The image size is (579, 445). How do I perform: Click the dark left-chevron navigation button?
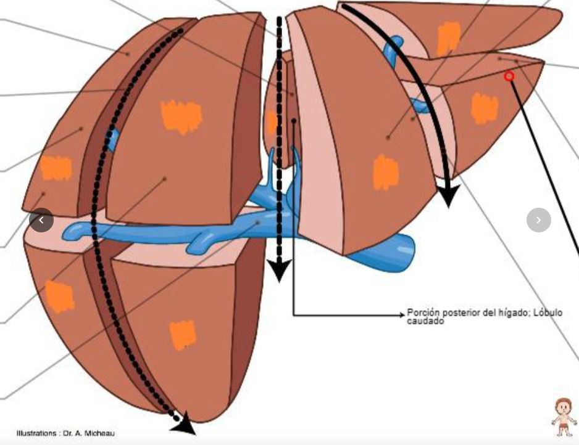[41, 220]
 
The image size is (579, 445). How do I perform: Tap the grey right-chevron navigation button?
[539, 220]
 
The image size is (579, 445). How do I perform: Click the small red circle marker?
[509, 76]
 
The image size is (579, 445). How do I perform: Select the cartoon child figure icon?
[564, 417]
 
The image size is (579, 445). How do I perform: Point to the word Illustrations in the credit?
[36, 433]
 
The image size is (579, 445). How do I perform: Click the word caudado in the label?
[425, 321]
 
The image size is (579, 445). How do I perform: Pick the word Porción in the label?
[423, 312]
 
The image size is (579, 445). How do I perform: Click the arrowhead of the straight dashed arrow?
[279, 270]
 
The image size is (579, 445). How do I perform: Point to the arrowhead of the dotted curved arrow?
[183, 423]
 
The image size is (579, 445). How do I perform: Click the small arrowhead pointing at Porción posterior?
[402, 315]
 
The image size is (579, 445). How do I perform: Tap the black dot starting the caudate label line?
[294, 121]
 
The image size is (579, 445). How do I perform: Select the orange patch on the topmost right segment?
[449, 38]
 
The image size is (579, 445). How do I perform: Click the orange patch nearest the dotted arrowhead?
[183, 335]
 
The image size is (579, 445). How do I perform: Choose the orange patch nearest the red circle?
[485, 108]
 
